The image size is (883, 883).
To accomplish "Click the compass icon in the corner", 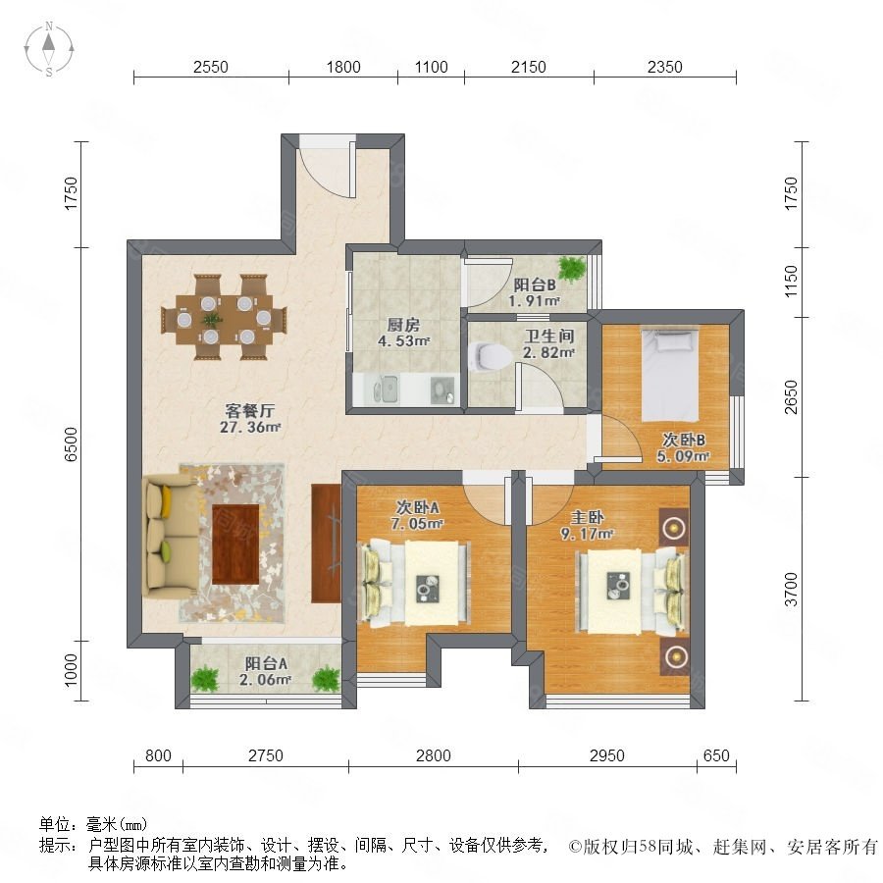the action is [x=49, y=49].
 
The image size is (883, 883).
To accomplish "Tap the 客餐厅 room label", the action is [x=249, y=410].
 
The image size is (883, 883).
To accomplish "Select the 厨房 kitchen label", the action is [x=403, y=325].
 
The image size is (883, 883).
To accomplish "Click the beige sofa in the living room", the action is [x=170, y=535].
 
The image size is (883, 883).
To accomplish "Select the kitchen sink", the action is [x=386, y=389].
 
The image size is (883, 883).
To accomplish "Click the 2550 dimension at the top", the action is [x=211, y=67].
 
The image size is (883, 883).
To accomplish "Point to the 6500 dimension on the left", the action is [x=71, y=444].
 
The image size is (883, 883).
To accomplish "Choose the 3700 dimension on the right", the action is [x=792, y=589].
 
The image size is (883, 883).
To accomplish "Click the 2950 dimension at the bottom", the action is [x=607, y=755].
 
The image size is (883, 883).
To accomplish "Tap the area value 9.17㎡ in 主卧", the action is [x=587, y=534].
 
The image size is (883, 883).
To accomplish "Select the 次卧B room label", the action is [x=683, y=440].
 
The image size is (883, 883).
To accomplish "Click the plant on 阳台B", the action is [x=572, y=269].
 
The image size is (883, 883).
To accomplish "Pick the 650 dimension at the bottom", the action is [x=716, y=755].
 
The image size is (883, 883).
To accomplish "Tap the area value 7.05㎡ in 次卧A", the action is [x=417, y=524].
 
